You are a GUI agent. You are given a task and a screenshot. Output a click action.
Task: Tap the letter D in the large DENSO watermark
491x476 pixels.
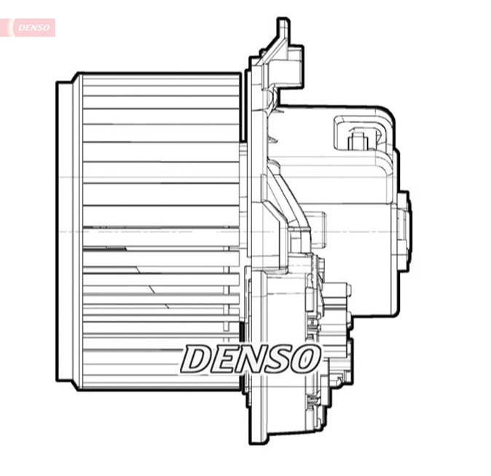click(x=197, y=359)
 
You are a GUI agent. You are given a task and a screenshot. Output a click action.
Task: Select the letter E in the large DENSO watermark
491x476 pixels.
click(x=224, y=359)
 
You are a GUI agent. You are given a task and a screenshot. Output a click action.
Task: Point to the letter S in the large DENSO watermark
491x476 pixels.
click(x=278, y=359)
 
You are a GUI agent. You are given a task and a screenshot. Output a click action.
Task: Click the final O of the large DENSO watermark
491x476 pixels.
click(x=305, y=359)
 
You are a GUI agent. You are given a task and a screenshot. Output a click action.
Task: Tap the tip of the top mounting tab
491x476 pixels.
click(x=283, y=24)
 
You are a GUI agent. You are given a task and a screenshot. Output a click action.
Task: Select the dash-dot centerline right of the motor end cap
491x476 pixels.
click(x=437, y=231)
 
